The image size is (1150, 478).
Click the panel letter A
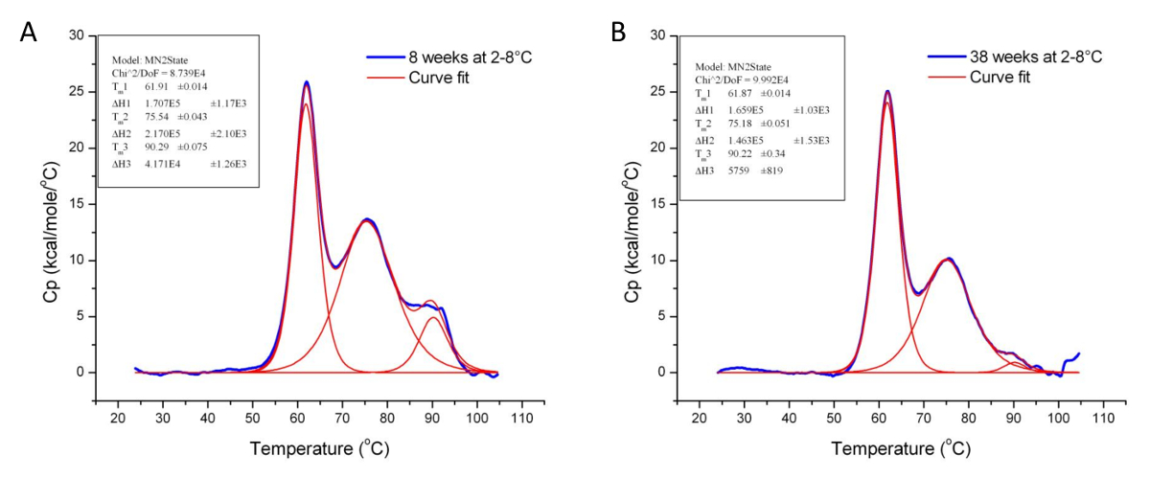tap(30, 32)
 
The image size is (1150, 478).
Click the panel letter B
tap(619, 32)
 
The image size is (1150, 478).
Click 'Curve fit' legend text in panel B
tap(1002, 77)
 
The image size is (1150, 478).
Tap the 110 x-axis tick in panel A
tap(522, 420)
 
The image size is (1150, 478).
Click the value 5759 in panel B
tap(735, 171)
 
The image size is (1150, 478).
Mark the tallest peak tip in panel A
tap(307, 82)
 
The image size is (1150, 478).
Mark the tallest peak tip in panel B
tap(887, 92)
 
